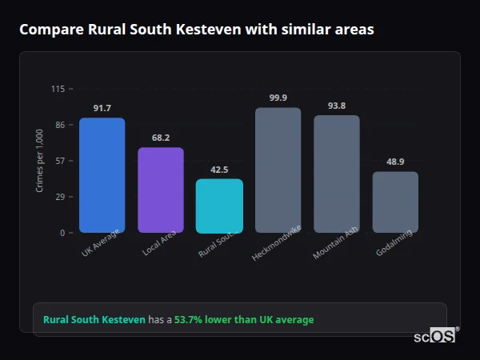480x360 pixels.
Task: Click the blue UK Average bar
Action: pyautogui.click(x=102, y=175)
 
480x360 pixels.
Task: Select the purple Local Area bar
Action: pyautogui.click(x=161, y=190)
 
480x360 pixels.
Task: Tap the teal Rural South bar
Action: pyautogui.click(x=219, y=206)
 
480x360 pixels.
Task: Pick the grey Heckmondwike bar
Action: pyautogui.click(x=278, y=170)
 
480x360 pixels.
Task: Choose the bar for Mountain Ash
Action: pyautogui.click(x=336, y=174)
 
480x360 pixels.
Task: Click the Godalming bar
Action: pyautogui.click(x=395, y=202)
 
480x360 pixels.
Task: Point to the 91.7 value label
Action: pyautogui.click(x=102, y=108)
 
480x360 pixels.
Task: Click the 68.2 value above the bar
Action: pyautogui.click(x=161, y=138)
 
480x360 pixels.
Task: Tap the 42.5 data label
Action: pyautogui.click(x=219, y=170)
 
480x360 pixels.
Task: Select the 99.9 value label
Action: pyautogui.click(x=278, y=98)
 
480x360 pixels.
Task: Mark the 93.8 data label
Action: pyautogui.click(x=336, y=106)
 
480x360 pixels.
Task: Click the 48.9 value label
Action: pyautogui.click(x=395, y=162)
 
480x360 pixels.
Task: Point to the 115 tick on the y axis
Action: pyautogui.click(x=58, y=89)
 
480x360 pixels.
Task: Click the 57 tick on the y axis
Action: pyautogui.click(x=60, y=161)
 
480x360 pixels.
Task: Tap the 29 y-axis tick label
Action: pyautogui.click(x=60, y=197)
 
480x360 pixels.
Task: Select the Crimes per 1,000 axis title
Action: pyautogui.click(x=39, y=161)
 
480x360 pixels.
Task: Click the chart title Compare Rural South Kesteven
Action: pyautogui.click(x=196, y=30)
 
